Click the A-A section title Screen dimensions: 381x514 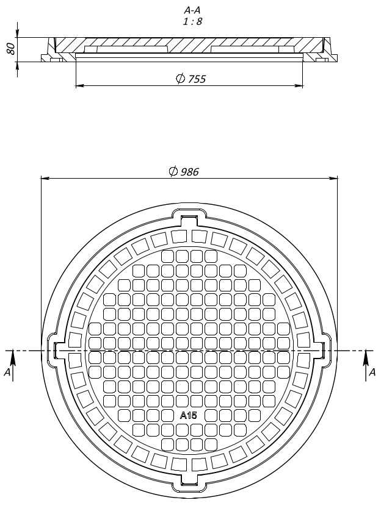(x=192, y=10)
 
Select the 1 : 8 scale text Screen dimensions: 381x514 (x=192, y=21)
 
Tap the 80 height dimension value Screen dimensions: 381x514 (x=10, y=49)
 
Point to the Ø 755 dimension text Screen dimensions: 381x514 (x=191, y=79)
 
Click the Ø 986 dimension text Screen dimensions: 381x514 (x=184, y=171)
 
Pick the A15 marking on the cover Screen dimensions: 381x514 (x=189, y=415)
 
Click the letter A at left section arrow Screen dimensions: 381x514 (x=7, y=372)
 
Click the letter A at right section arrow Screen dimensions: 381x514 (x=372, y=372)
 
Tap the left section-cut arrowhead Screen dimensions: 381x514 (x=12, y=357)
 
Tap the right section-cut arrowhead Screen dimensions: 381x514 (x=366, y=357)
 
